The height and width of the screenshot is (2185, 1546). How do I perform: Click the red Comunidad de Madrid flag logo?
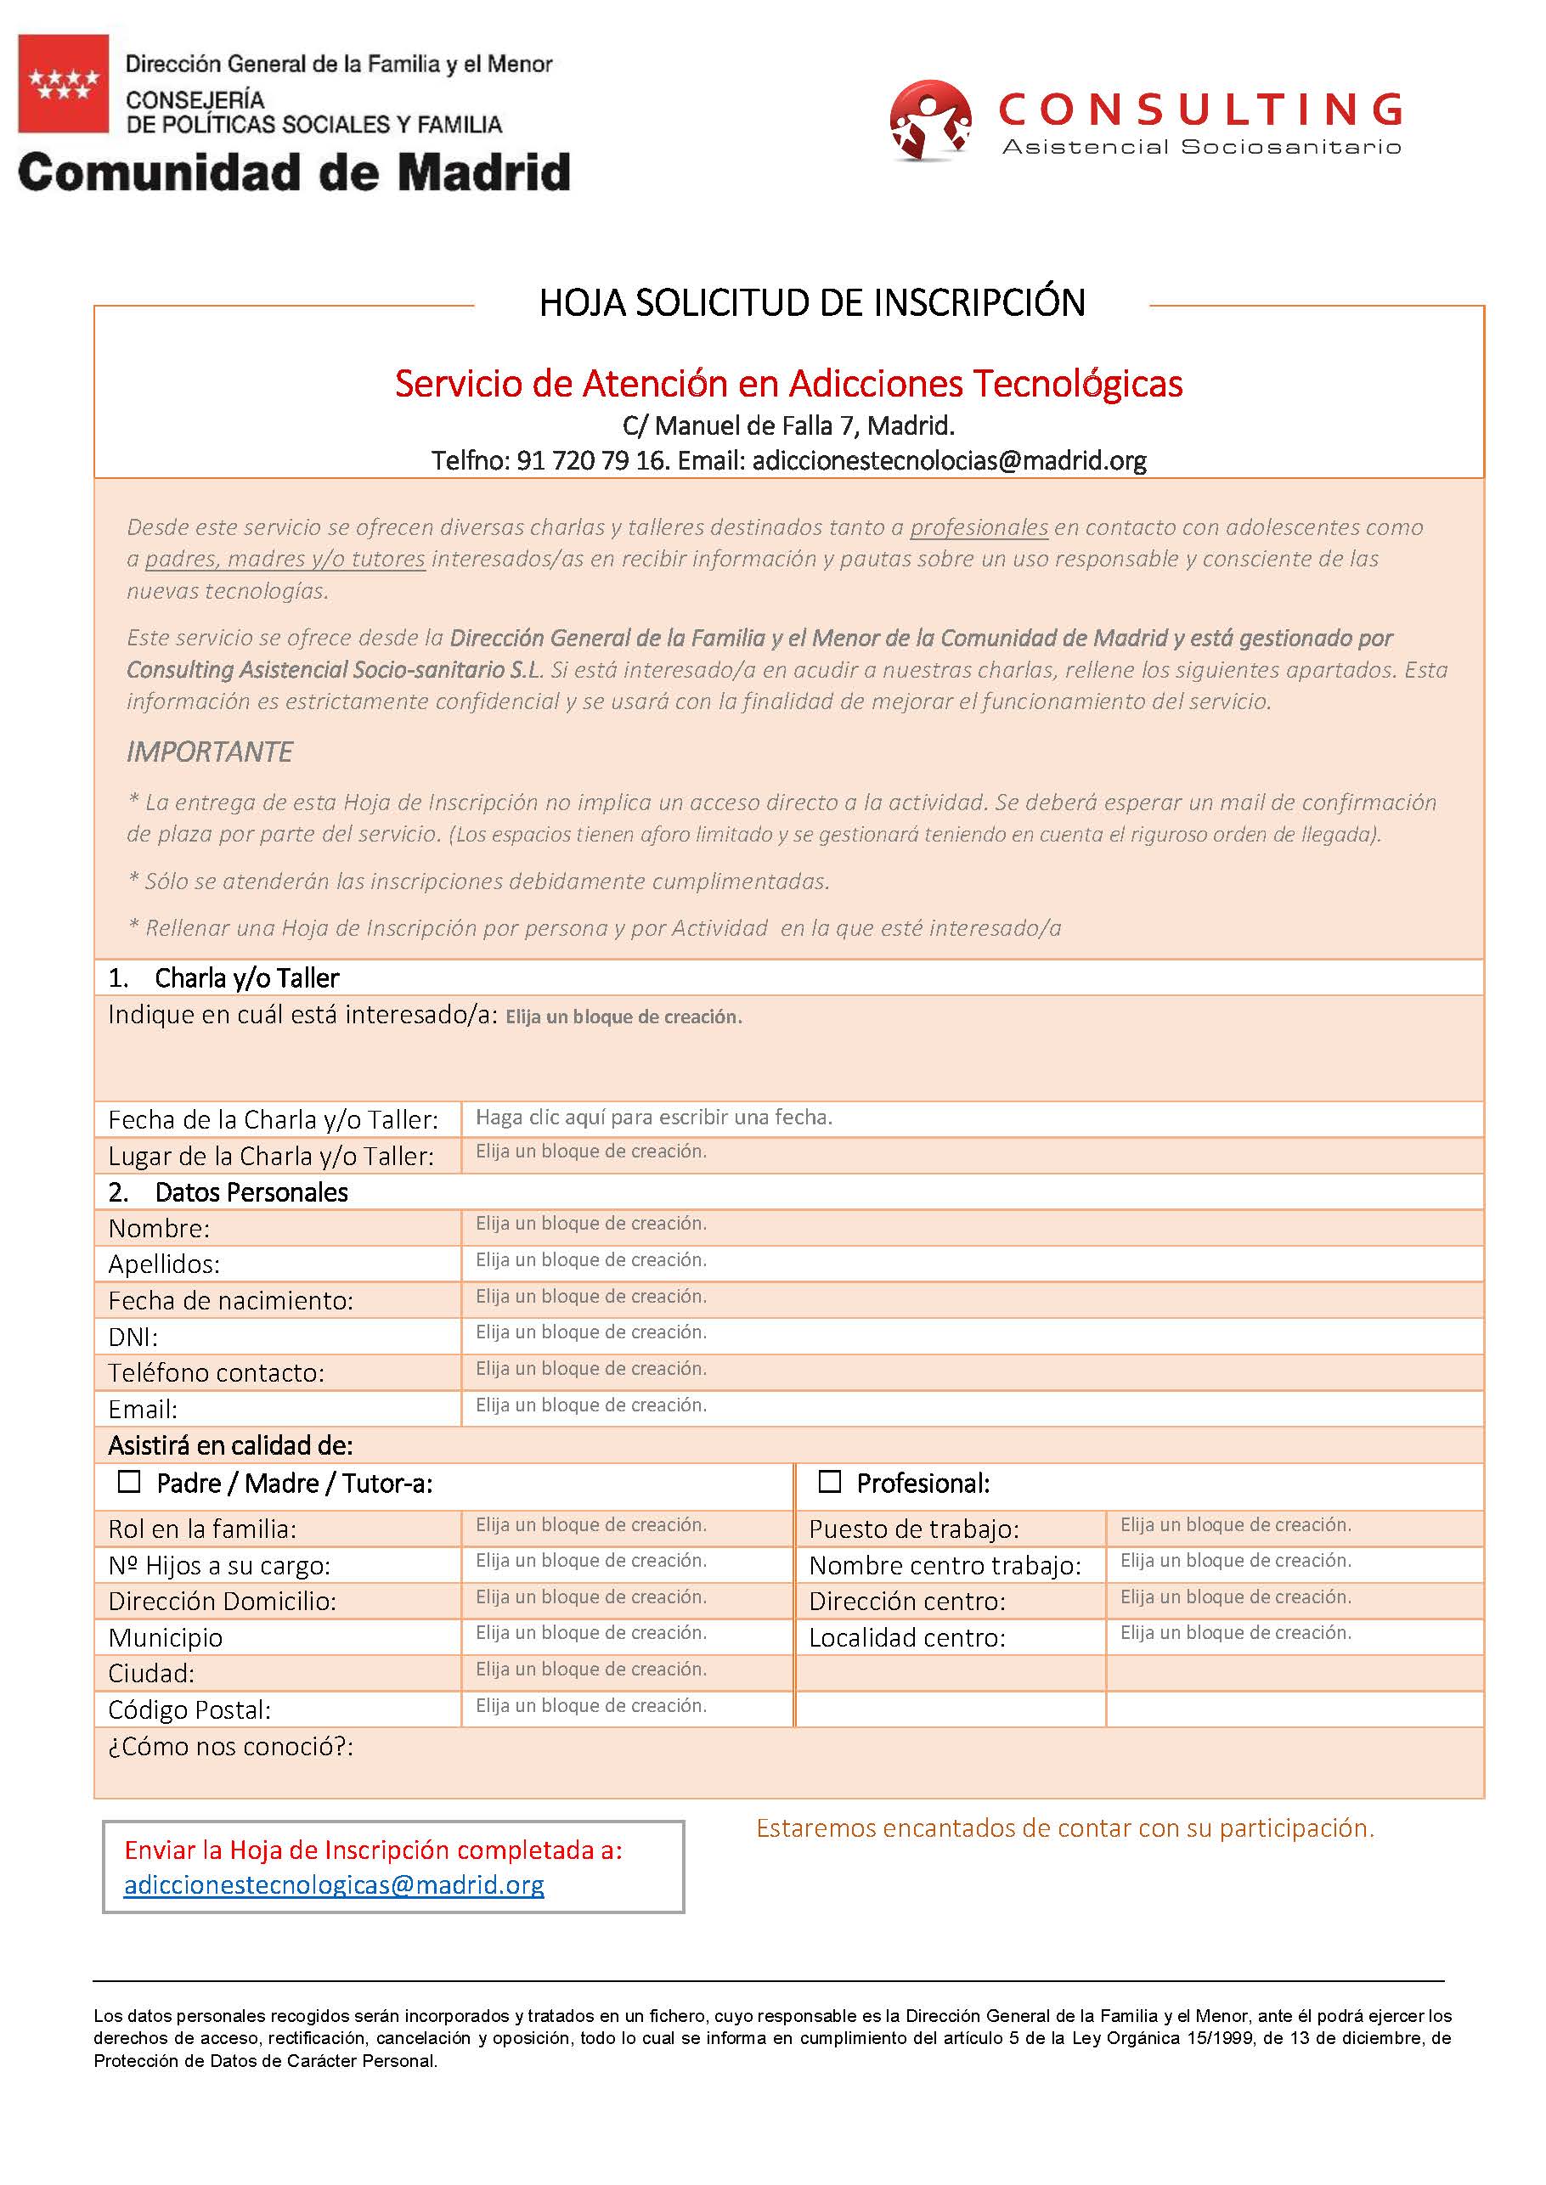[x=63, y=84]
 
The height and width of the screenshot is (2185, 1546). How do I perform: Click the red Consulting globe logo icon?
[x=929, y=119]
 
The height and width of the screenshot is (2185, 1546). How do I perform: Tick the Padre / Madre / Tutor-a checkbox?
[x=128, y=1482]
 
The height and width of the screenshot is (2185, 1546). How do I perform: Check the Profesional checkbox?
[x=829, y=1482]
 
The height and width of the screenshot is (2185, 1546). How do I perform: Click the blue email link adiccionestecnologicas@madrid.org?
[x=333, y=1884]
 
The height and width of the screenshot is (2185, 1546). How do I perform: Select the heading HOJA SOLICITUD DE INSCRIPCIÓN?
[x=812, y=302]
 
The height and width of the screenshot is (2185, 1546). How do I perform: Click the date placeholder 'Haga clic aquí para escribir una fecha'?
[x=654, y=1118]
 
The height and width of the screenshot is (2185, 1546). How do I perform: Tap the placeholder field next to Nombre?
[x=591, y=1224]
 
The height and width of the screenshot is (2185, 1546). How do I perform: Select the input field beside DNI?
[x=591, y=1332]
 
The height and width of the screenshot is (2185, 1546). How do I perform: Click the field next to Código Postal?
[x=591, y=1706]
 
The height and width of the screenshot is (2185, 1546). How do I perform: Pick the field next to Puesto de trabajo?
[x=1235, y=1524]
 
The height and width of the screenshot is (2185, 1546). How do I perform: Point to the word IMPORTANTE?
[x=210, y=752]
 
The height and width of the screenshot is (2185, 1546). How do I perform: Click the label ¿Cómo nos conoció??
[x=230, y=1746]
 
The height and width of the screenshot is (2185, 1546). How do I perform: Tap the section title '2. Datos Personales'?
[x=229, y=1191]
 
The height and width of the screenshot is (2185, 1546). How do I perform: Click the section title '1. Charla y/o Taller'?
[x=223, y=977]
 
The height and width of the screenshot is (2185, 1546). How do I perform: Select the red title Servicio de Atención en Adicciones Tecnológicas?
[x=788, y=384]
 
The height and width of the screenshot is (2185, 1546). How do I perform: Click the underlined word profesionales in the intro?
[x=979, y=527]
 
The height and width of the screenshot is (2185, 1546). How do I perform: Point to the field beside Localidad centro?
[x=1235, y=1633]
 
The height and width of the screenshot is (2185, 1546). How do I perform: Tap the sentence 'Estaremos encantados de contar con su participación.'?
[x=1065, y=1827]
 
